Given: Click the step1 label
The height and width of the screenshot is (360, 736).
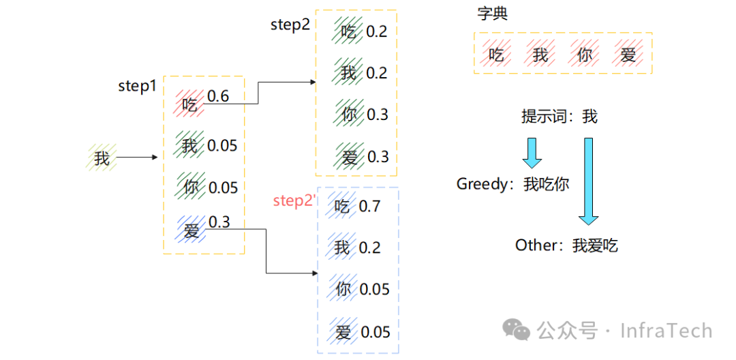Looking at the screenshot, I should [x=137, y=87].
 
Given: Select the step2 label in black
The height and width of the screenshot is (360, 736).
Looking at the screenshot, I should [x=290, y=25].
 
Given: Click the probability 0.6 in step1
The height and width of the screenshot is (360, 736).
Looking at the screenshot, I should [x=218, y=96].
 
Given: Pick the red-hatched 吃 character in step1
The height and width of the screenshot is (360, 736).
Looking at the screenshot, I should [x=189, y=104].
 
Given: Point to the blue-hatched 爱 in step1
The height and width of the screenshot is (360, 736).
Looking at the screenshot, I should [x=191, y=230].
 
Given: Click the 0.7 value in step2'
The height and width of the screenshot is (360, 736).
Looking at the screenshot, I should [x=369, y=206].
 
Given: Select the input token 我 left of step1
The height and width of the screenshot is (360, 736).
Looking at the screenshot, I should [x=102, y=158].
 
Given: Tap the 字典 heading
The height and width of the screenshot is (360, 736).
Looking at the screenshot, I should [x=492, y=14].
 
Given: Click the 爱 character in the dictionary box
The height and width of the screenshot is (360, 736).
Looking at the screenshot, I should [x=628, y=54].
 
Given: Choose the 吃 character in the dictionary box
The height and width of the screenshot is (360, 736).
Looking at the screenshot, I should [x=495, y=54].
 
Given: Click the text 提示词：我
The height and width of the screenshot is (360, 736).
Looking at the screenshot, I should [x=559, y=117].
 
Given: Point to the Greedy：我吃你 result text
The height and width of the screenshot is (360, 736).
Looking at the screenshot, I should [x=512, y=184].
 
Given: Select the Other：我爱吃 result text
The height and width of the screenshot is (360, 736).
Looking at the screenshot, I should [x=566, y=245].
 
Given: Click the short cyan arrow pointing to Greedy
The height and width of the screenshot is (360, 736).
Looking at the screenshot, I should [x=532, y=153].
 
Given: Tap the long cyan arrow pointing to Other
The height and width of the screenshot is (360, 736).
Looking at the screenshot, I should [x=588, y=181].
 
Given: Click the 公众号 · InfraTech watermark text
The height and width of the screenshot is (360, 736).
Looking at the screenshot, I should [x=624, y=331].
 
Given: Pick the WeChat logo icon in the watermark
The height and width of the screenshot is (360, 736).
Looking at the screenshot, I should [x=517, y=331].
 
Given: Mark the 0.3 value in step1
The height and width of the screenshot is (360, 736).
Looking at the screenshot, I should [x=219, y=222].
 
